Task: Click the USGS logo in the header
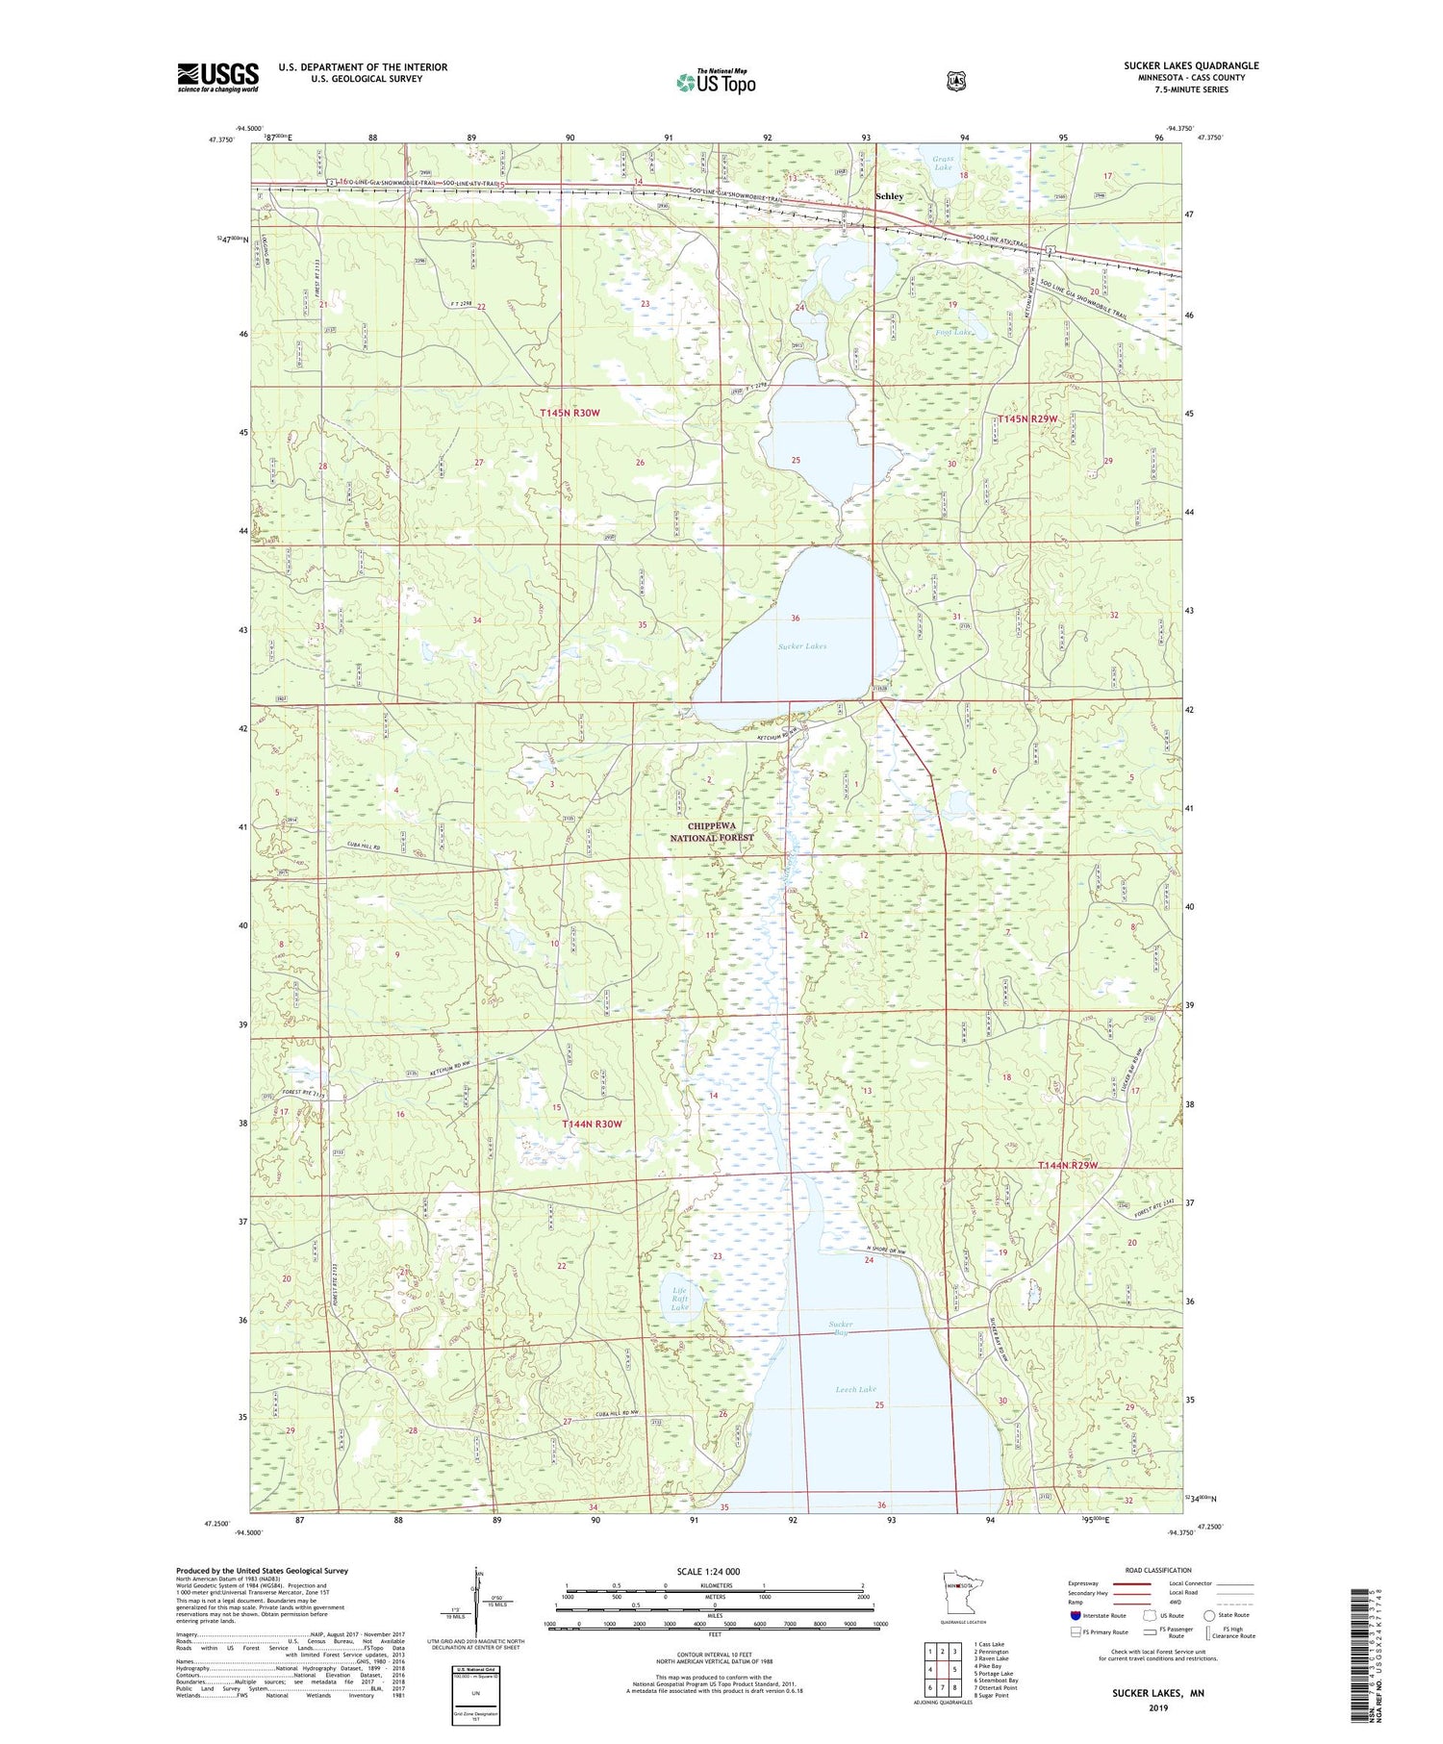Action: pyautogui.click(x=217, y=77)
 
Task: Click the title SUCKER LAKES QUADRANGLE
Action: pyautogui.click(x=1190, y=65)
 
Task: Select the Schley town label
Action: pyautogui.click(x=889, y=196)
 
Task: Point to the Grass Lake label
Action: pyautogui.click(x=943, y=163)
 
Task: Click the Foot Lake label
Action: pyautogui.click(x=953, y=333)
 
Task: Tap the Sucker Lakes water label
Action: pyautogui.click(x=802, y=646)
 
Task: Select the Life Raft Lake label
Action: pyautogui.click(x=680, y=1299)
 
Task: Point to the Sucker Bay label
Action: pyautogui.click(x=840, y=1328)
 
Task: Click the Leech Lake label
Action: pyautogui.click(x=855, y=1390)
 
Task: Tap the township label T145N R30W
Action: pyautogui.click(x=570, y=413)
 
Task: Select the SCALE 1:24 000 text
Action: pyautogui.click(x=709, y=1572)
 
